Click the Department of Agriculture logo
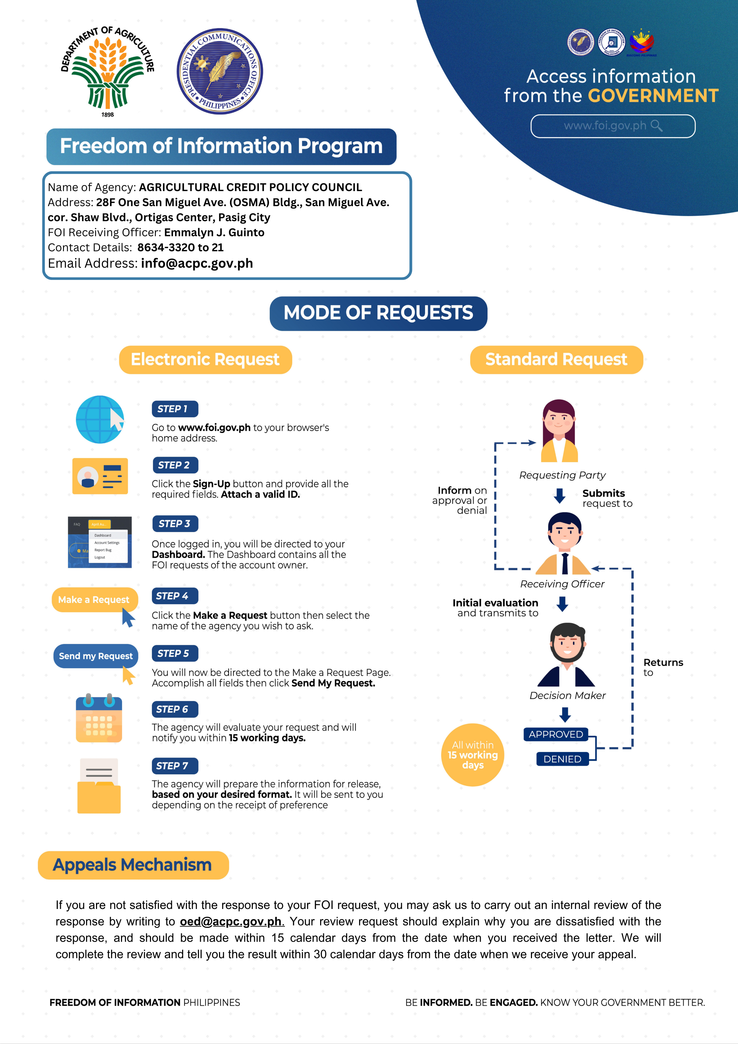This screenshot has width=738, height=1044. click(108, 71)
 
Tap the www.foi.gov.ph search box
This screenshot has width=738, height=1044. click(613, 126)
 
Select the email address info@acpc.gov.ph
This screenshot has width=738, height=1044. click(197, 263)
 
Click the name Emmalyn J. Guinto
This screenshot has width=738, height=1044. click(214, 232)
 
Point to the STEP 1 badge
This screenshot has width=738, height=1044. click(175, 409)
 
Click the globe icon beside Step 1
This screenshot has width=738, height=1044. click(100, 419)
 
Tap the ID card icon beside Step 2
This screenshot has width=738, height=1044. click(100, 476)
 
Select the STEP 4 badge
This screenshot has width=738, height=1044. click(175, 595)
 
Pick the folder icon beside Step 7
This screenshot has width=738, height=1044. click(99, 786)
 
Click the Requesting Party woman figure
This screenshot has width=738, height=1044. click(559, 431)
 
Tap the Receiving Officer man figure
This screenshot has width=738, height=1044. click(563, 544)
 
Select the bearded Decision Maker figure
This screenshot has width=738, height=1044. click(567, 654)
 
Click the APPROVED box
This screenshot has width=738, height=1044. click(556, 734)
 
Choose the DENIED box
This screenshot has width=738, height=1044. click(563, 759)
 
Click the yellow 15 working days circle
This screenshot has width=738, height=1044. click(473, 755)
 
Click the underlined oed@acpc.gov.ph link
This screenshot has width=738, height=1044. click(231, 921)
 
